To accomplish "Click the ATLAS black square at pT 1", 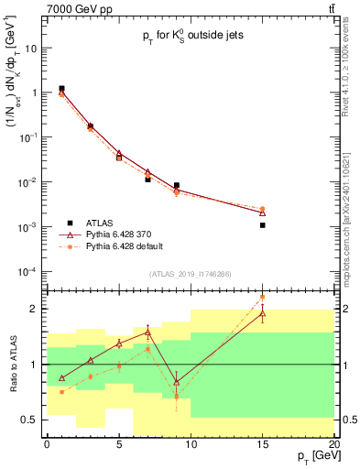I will [x=61, y=89].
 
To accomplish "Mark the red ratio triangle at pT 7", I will [x=147, y=333].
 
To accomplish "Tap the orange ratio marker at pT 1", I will [x=61, y=392].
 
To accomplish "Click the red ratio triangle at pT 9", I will [x=176, y=382].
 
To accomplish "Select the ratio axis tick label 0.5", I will [x=31, y=420].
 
